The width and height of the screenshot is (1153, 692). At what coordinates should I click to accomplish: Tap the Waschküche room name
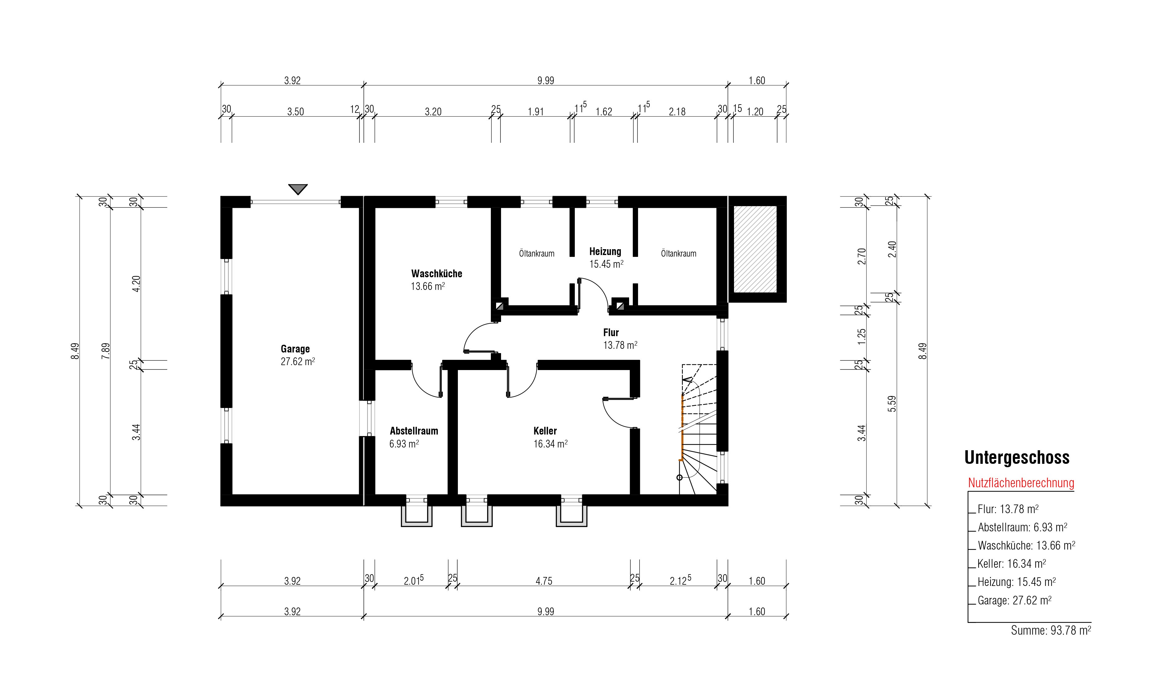437,274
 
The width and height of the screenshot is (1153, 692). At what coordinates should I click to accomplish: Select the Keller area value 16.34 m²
550,444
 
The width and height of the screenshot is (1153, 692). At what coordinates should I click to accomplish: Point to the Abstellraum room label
414,431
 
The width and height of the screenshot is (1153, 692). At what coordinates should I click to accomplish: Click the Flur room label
611,332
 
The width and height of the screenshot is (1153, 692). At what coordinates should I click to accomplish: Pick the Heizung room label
605,252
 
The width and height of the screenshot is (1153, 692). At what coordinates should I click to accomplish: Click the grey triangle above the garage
297,189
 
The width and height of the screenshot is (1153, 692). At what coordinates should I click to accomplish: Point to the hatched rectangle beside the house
755,249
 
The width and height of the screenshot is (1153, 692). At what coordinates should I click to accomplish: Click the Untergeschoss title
1017,457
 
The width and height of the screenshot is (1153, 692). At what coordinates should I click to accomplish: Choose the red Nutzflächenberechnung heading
1021,483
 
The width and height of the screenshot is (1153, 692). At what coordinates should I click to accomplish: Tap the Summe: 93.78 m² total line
1051,630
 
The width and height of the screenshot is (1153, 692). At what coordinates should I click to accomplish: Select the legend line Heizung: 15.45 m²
1017,582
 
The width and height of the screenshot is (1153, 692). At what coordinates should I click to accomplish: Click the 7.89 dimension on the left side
106,351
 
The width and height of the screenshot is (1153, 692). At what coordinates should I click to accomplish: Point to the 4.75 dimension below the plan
544,581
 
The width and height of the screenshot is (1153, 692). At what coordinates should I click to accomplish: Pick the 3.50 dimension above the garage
295,112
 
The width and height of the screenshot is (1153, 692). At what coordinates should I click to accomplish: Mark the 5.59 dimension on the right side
892,404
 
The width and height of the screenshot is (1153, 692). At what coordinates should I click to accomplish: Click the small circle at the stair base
680,477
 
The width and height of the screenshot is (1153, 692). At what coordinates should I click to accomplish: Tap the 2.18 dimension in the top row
677,112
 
